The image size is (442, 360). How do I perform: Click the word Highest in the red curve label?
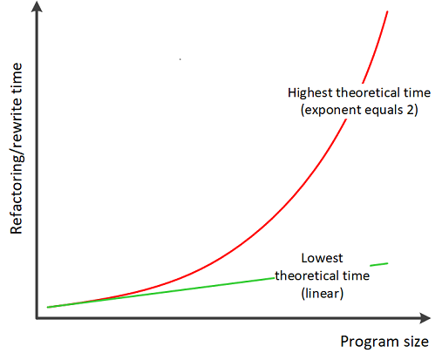click(310, 93)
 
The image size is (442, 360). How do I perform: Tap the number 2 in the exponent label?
click(410, 110)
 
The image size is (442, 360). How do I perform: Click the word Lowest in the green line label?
click(322, 258)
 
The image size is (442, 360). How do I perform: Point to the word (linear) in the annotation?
click(323, 293)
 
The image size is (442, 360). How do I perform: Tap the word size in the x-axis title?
click(416, 342)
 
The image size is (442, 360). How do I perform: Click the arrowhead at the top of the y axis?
click(37, 6)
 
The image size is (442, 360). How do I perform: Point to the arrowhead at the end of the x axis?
click(425, 318)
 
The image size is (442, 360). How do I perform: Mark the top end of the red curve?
click(387, 11)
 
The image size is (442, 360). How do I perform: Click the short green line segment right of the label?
click(379, 264)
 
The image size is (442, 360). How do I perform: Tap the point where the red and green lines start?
click(48, 307)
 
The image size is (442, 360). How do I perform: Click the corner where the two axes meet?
click(37, 318)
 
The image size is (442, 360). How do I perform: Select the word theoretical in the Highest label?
click(368, 92)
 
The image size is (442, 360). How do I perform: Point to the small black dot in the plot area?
click(180, 59)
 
